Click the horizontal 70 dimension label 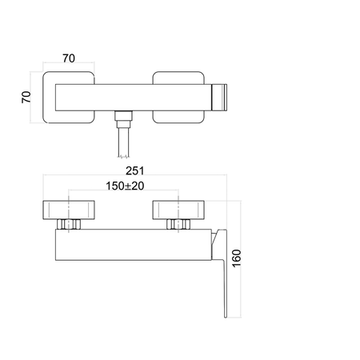[x=69, y=58]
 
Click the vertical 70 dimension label [x=26, y=97]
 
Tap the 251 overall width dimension [x=135, y=171]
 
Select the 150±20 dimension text [x=125, y=186]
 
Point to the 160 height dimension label [x=237, y=258]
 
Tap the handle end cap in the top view [x=219, y=98]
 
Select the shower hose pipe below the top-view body [x=123, y=142]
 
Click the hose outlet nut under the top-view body [x=123, y=119]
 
